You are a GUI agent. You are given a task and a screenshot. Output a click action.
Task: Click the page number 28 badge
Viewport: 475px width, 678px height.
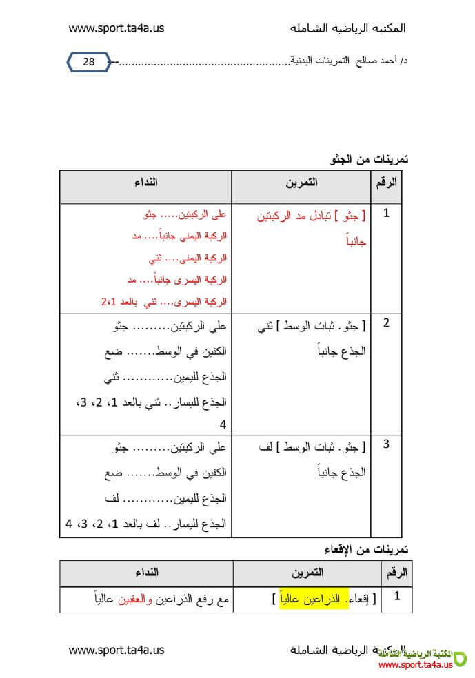tap(89, 62)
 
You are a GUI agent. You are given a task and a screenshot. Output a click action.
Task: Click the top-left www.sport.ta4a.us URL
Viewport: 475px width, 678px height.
tap(116, 28)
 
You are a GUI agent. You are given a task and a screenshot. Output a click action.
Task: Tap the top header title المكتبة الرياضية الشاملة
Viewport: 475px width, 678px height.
tap(348, 28)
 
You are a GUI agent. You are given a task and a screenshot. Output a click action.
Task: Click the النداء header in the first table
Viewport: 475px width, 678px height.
tap(145, 183)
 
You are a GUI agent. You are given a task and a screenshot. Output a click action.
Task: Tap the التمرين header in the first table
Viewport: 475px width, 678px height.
tap(302, 183)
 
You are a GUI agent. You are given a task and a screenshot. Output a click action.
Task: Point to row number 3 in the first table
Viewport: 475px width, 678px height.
tap(386, 444)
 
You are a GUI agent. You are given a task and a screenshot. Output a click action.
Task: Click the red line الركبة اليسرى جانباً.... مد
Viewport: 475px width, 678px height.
tap(177, 280)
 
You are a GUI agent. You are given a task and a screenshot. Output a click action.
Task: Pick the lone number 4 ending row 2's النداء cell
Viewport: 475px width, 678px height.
tap(223, 424)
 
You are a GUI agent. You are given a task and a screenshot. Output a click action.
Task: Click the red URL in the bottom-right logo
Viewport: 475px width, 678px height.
tap(416, 664)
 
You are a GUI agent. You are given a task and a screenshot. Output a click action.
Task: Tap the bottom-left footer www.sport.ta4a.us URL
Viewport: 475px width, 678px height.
tap(116, 649)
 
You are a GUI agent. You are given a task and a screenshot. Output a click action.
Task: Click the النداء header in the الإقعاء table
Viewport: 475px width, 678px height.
tap(145, 573)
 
